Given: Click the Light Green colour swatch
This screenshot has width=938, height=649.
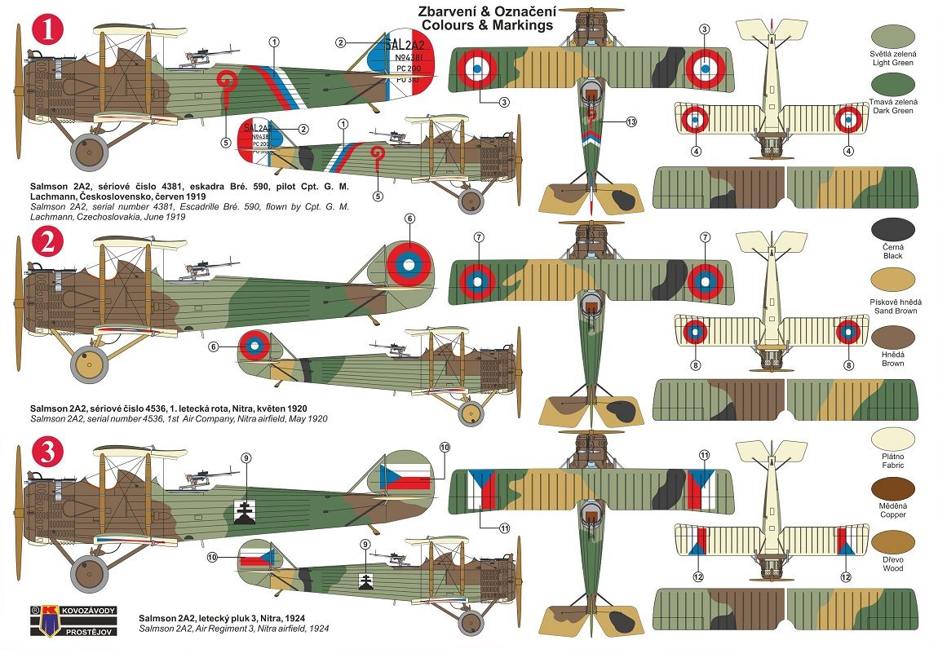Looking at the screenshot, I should click(893, 36).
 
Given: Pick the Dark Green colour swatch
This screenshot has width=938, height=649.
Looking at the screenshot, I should click(893, 84).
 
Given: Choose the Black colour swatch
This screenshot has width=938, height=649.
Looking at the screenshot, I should click(893, 229).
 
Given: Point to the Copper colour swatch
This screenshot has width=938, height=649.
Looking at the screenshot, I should click(893, 488).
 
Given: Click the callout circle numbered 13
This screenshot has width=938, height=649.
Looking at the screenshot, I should click(630, 121).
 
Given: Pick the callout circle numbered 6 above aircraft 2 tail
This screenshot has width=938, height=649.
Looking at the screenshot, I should click(409, 219).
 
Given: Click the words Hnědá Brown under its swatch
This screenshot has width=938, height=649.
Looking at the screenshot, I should click(893, 359).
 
